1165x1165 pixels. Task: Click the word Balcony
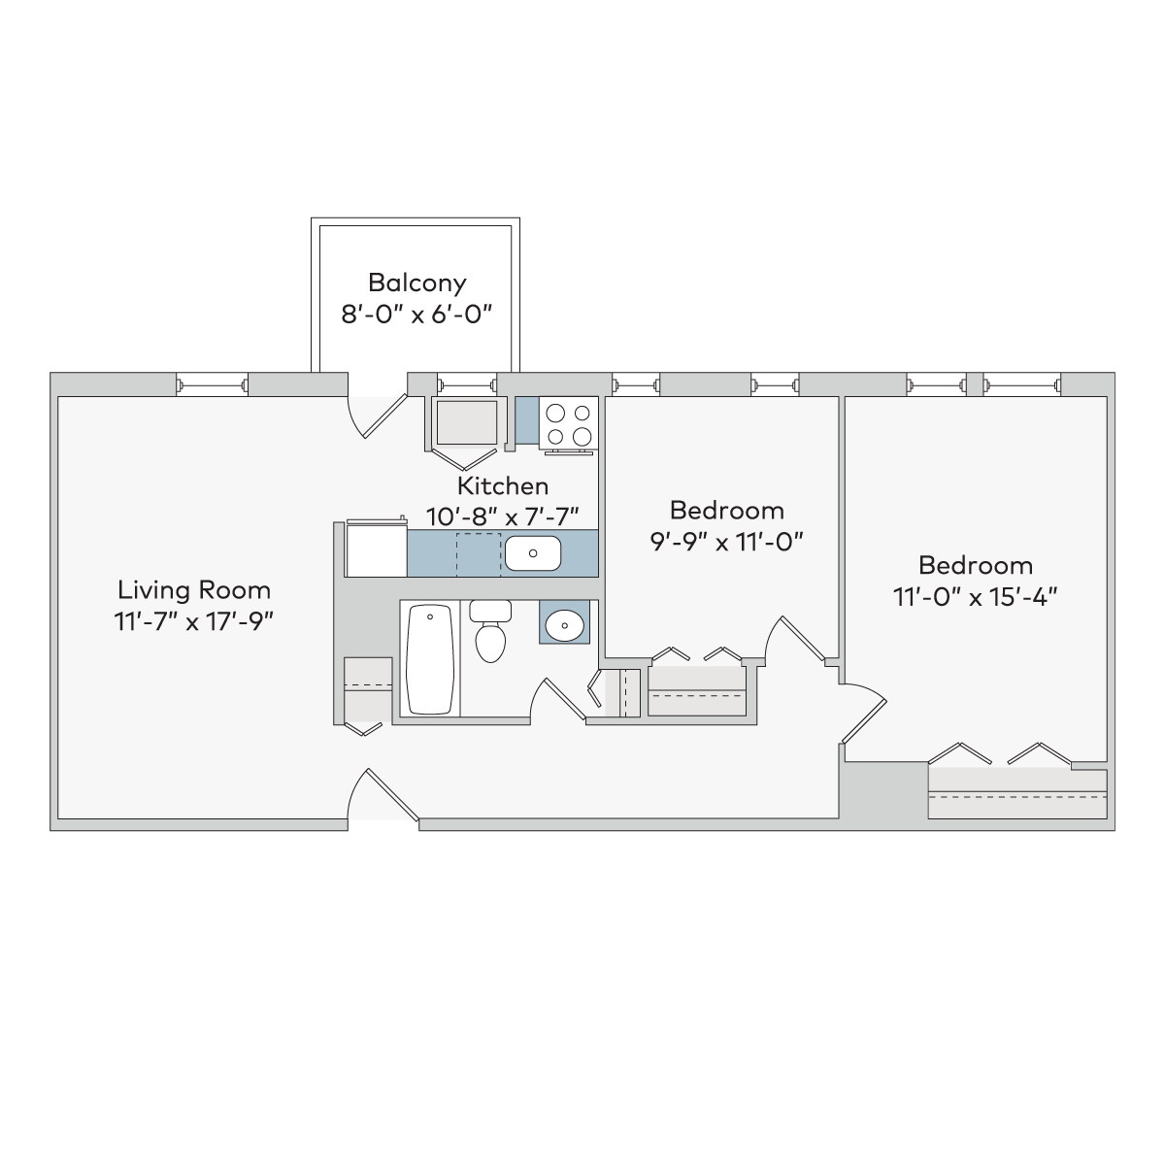coord(417,283)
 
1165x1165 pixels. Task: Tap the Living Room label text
coord(194,590)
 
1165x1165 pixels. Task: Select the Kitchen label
coord(502,485)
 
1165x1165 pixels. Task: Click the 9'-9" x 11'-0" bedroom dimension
coord(727,542)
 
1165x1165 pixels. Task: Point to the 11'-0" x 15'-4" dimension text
coord(975,597)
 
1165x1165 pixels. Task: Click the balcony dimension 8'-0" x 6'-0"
coord(416,315)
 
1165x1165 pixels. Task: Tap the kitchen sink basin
coord(533,553)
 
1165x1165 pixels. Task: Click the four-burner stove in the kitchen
coord(568,422)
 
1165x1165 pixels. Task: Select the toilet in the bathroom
coord(490,631)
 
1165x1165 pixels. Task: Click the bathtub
coord(430,659)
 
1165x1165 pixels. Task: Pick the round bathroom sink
coord(564,623)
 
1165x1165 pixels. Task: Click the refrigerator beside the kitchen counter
coord(376,549)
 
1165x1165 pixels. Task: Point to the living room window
coord(213,384)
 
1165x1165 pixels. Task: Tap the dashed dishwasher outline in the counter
coord(479,554)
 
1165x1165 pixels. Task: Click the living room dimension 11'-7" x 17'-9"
coord(194,621)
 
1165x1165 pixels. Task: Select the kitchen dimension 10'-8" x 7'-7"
coord(502,516)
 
